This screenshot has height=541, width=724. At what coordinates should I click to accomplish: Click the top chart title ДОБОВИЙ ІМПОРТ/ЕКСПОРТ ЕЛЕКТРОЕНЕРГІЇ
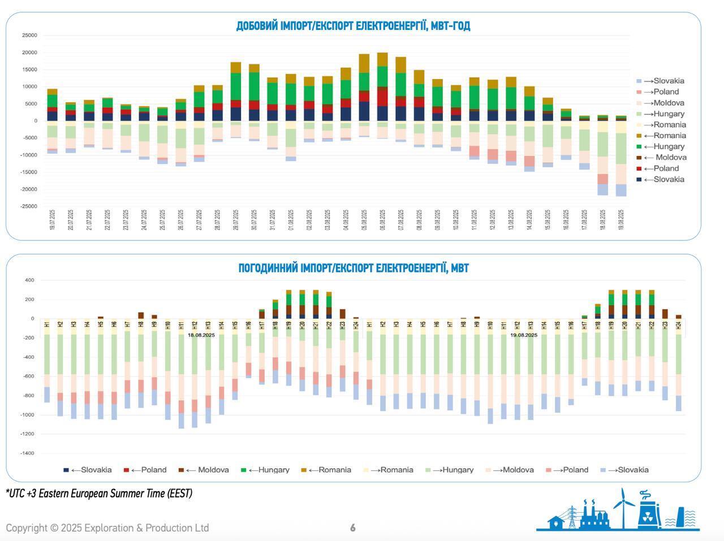pos(353,26)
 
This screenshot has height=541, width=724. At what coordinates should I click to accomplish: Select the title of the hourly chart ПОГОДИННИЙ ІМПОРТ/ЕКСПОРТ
pos(353,268)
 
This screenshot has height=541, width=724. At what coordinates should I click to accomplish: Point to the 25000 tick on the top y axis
pos(29,36)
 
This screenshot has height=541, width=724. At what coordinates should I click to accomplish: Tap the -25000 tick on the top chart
pos(28,206)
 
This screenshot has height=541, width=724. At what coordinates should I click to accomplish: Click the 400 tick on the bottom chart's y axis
pos(29,280)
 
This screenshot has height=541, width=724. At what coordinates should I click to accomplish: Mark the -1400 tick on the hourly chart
pos(27,453)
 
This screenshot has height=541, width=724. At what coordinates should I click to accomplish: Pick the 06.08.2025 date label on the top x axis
pos(383,219)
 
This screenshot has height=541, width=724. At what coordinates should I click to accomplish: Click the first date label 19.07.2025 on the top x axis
pos(52,219)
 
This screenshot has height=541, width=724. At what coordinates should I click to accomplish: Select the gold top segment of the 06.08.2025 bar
pos(382,59)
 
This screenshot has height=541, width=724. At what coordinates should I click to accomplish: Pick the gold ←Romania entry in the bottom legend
pos(326,470)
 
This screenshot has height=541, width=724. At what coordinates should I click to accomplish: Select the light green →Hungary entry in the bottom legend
pos(450,470)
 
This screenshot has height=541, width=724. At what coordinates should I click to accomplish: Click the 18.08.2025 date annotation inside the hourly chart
pos(201,335)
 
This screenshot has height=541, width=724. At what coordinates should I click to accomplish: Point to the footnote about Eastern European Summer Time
pos(99,494)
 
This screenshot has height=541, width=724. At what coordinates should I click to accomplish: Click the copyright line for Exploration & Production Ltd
pos(107,528)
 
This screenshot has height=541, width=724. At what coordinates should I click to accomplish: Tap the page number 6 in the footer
pos(353,528)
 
